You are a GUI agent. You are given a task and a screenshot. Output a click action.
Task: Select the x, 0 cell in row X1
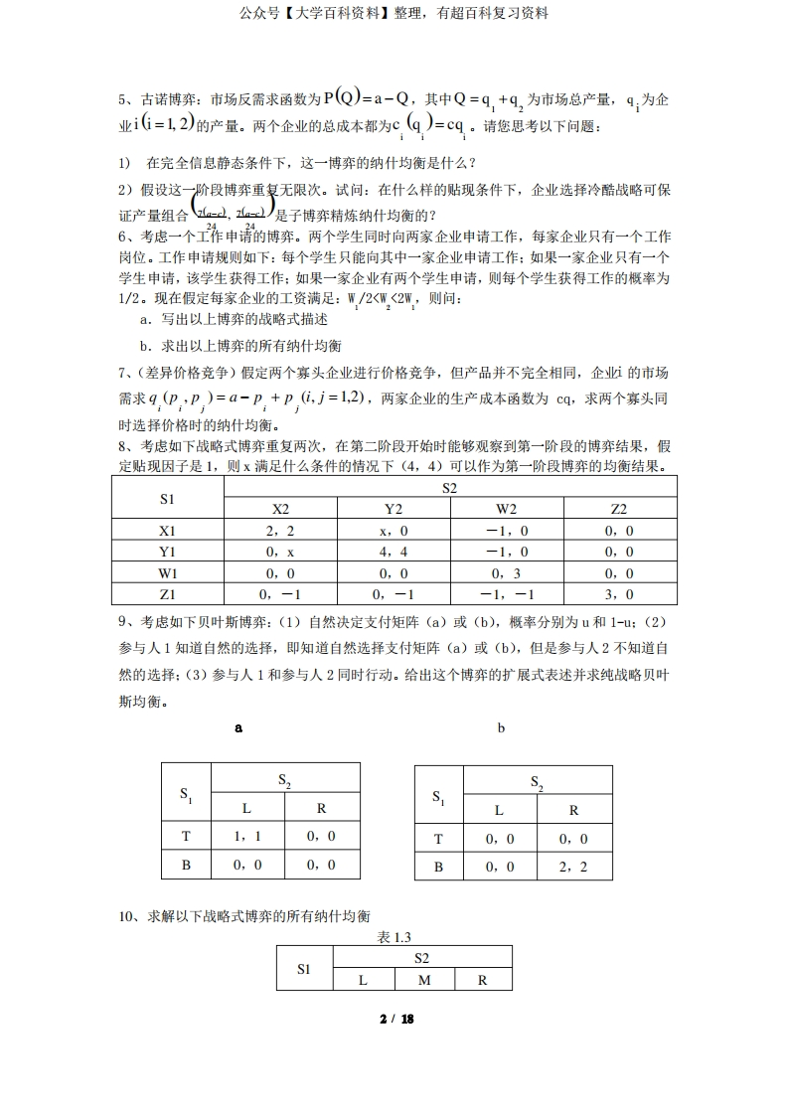click(393, 531)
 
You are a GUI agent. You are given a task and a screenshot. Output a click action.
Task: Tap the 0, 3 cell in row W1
click(507, 572)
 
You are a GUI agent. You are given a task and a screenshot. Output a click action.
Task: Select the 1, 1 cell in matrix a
click(245, 837)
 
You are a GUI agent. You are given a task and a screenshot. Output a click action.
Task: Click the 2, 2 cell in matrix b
click(573, 867)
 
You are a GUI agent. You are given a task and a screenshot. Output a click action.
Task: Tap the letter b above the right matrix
click(501, 727)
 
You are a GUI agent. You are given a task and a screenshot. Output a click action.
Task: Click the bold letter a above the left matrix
click(237, 727)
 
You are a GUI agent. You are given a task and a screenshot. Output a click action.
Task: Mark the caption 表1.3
click(394, 937)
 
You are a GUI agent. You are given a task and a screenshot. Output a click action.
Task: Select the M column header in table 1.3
click(423, 979)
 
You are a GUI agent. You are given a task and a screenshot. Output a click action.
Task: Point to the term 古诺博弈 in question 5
click(165, 99)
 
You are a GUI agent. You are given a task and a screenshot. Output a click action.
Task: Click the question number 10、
click(131, 915)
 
